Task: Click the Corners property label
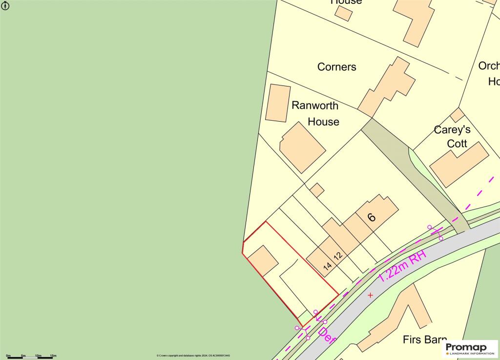coord(337,67)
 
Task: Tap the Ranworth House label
coord(315,113)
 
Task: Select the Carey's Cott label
coord(452,137)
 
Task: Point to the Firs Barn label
coord(425,340)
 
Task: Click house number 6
coord(372,217)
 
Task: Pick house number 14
coord(328,266)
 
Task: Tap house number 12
coord(338,255)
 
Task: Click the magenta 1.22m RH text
coord(402,266)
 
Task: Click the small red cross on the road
coord(370,295)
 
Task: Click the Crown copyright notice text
coord(193,356)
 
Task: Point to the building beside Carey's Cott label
coord(459,164)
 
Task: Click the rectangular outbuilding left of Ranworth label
coord(277,103)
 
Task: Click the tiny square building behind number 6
coord(317,190)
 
